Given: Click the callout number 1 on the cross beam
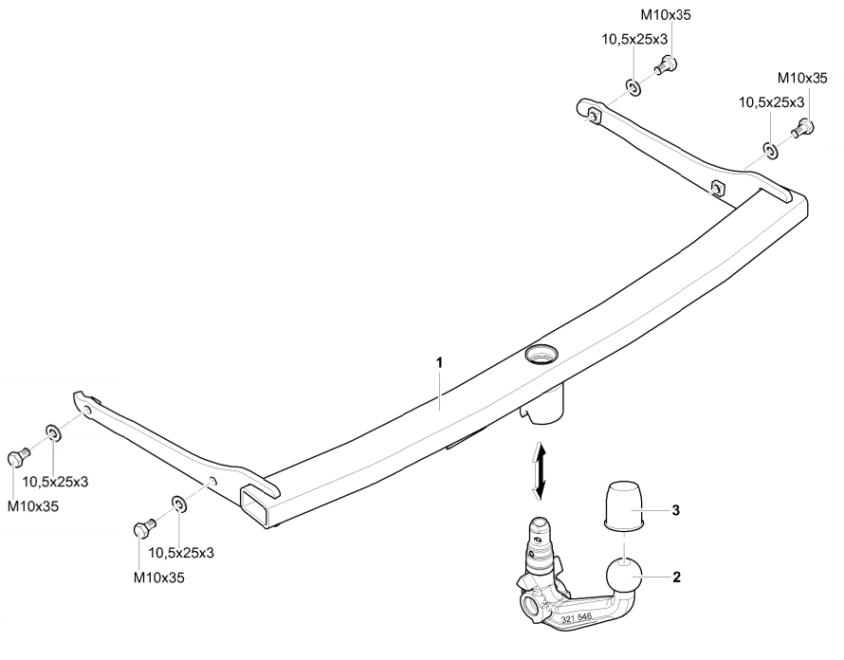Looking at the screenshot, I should point(439,363).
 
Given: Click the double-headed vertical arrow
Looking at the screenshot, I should point(539,468).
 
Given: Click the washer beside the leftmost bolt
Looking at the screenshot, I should point(53,434).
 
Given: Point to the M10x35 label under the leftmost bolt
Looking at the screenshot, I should point(33,506).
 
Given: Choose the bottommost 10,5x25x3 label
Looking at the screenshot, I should point(181,552).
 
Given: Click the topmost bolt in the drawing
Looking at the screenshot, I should point(668,64).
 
